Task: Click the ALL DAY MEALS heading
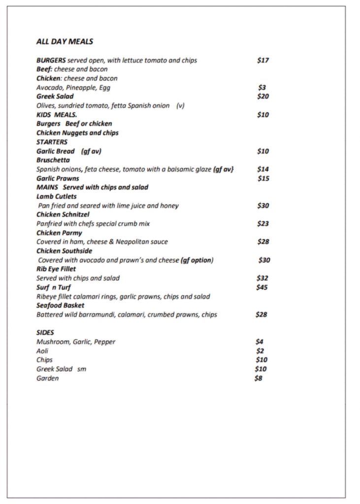coord(65,42)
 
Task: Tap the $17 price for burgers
coord(263,61)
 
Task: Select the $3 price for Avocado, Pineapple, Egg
coord(262,88)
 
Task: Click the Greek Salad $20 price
coord(263,96)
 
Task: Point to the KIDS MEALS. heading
coord(57,115)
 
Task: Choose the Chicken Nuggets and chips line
coord(77,133)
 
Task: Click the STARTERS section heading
coord(52,142)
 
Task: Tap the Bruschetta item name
coord(53,160)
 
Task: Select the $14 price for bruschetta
coord(263,169)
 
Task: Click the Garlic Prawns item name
coord(58,178)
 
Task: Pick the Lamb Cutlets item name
coord(57,196)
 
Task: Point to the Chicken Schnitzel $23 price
coord(263,224)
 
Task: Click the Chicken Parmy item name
coord(59,233)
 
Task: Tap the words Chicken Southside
coord(64,251)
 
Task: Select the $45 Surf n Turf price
coord(262,287)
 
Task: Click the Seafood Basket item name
coord(60,305)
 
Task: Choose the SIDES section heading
coord(45,333)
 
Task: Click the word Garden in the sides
coord(47,378)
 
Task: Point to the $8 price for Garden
coord(258,378)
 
